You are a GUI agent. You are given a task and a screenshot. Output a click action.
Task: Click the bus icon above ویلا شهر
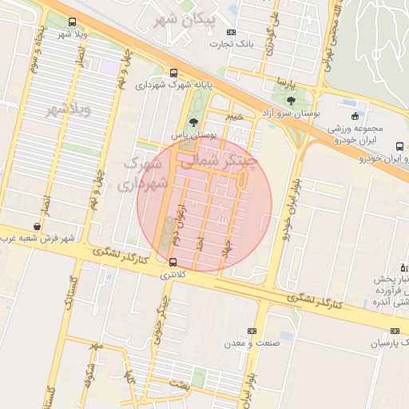coord(73,22)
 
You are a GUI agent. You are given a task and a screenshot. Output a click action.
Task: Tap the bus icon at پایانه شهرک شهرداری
coord(174,72)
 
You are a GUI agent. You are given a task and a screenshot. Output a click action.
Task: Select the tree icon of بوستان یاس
coord(193,122)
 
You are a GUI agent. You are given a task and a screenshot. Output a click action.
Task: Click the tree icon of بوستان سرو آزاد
coord(290,101)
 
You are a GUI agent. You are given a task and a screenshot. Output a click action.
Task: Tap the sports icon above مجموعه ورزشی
coord(354,116)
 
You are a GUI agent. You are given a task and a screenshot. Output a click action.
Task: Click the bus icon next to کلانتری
coord(173,261)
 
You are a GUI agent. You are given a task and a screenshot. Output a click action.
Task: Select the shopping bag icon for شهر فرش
coord(37,226)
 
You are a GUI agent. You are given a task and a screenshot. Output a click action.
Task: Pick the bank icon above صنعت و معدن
coord(252,331)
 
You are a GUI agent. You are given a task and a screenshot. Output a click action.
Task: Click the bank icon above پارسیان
coord(395,331)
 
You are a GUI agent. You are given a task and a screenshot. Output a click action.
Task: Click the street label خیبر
coord(233,117)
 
